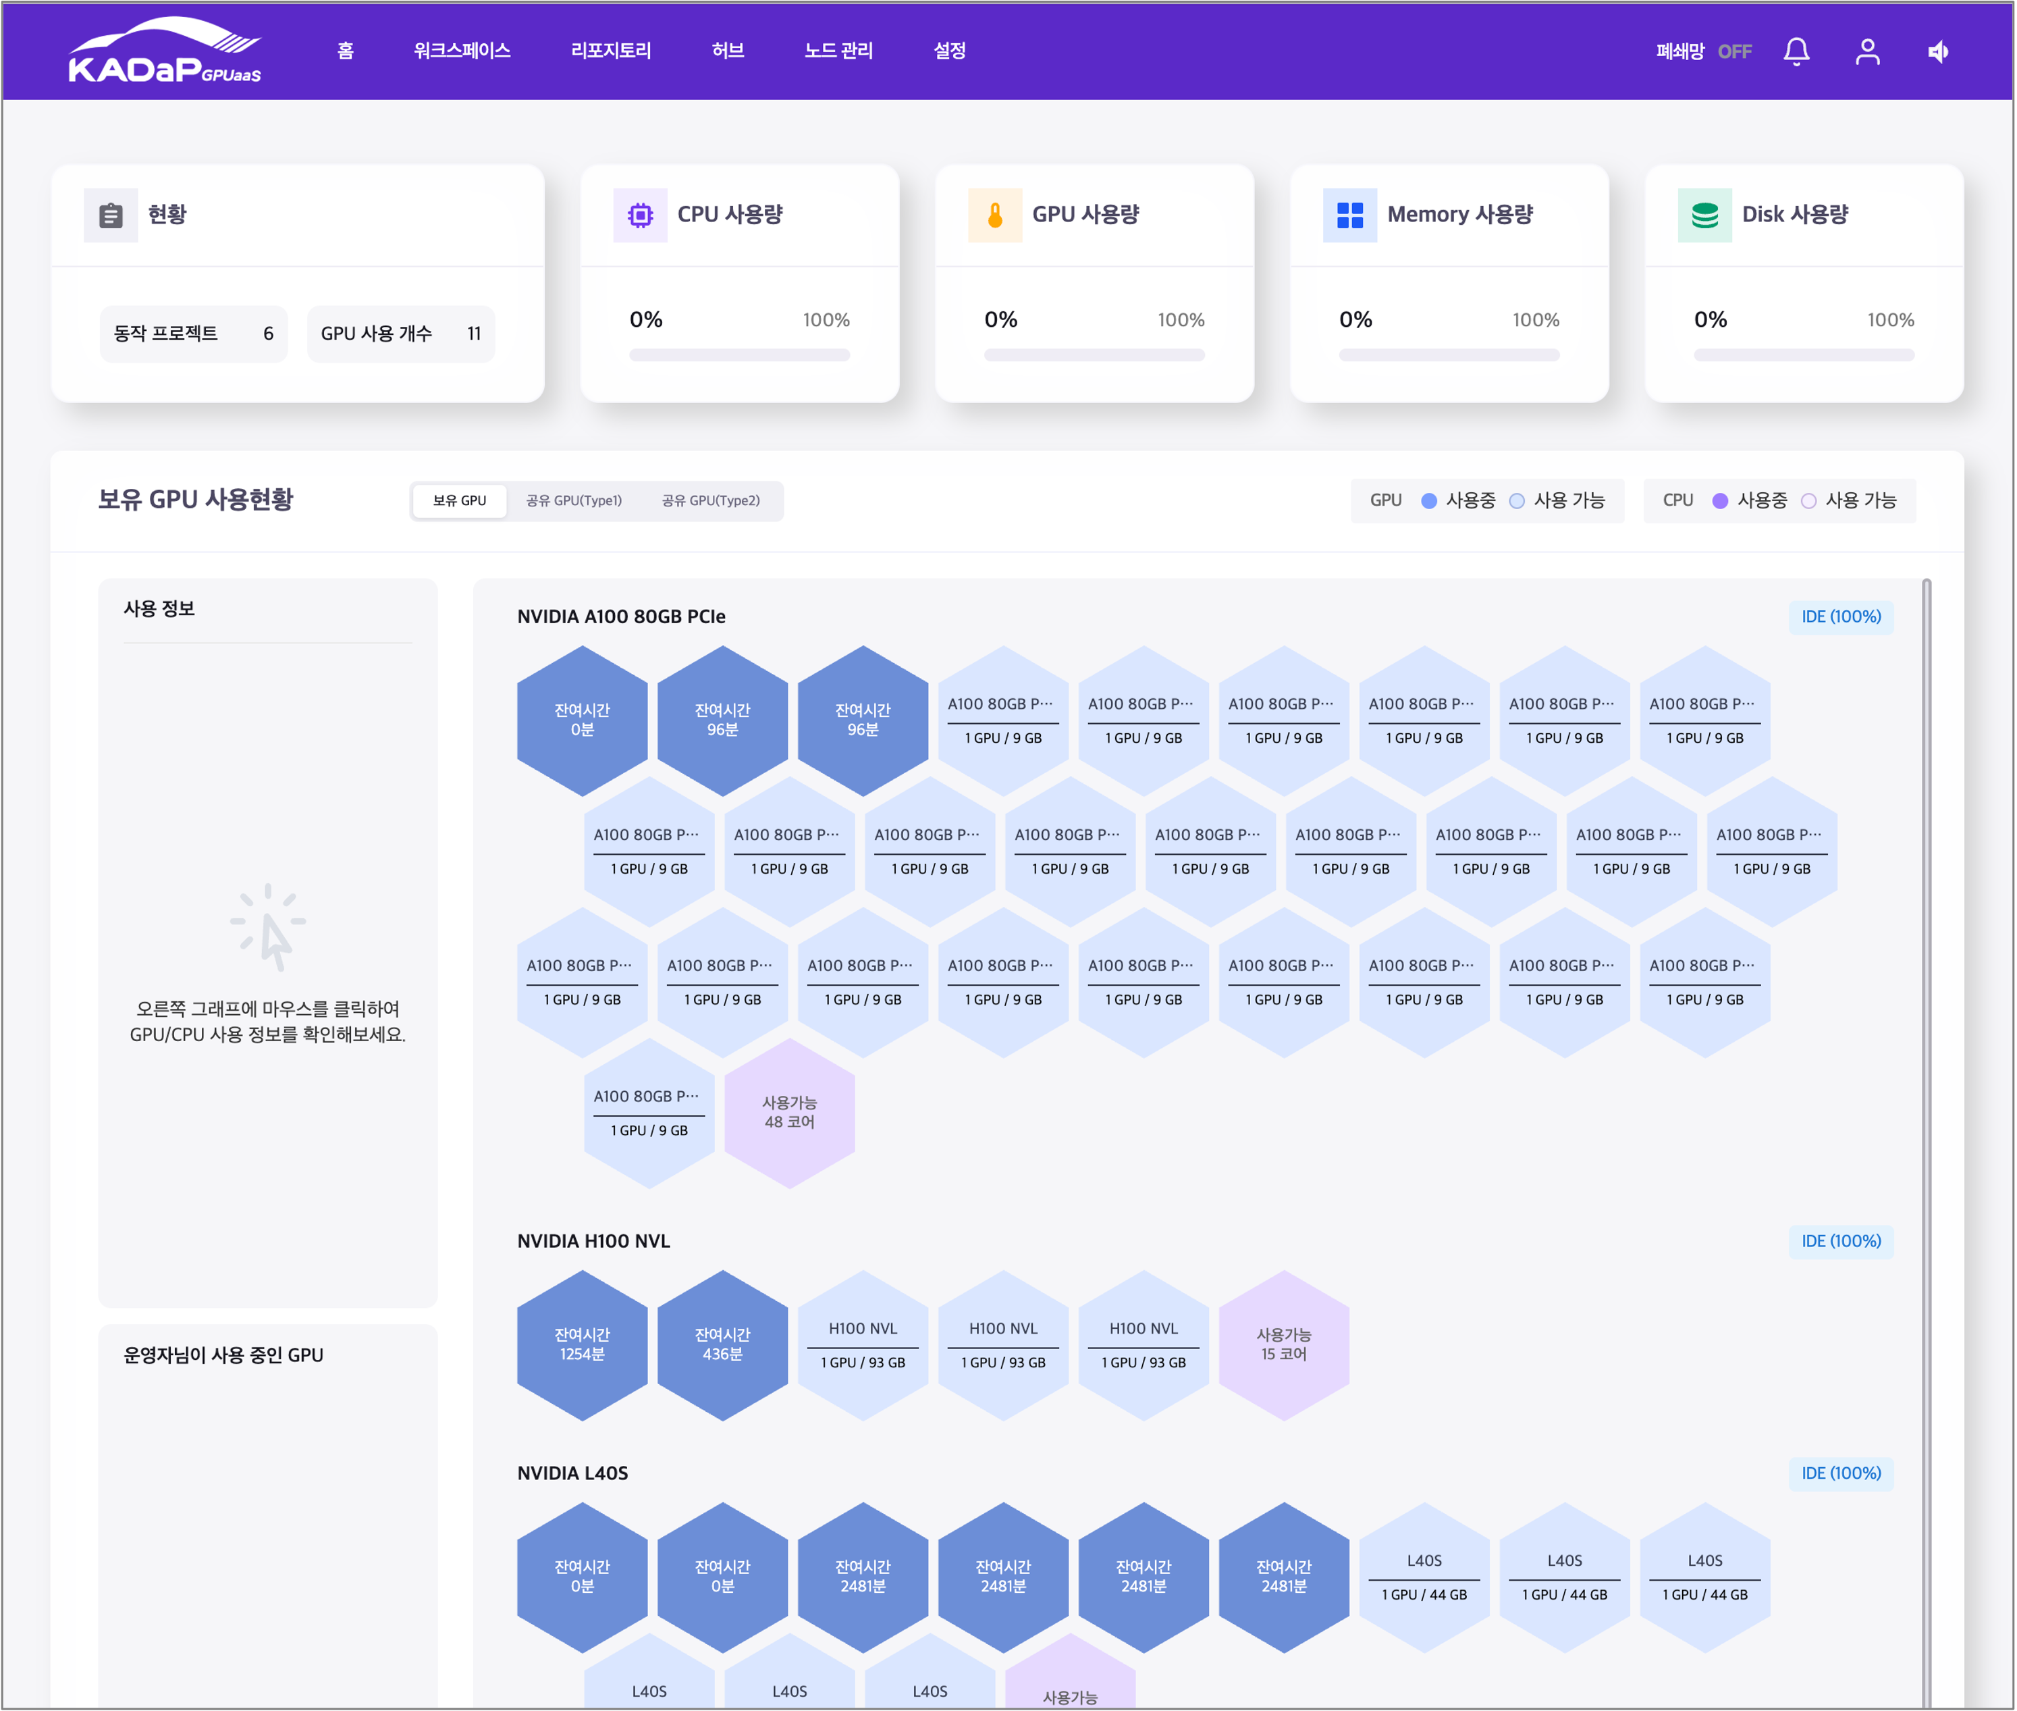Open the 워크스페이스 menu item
[x=462, y=51]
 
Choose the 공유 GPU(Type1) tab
[x=574, y=500]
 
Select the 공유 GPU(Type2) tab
[x=711, y=500]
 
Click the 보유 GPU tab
[x=460, y=500]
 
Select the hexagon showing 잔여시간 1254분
[x=582, y=1345]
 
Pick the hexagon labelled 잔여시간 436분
[x=722, y=1345]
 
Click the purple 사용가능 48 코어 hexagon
[x=789, y=1113]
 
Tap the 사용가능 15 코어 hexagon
[x=1284, y=1345]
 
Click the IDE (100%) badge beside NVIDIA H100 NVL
[x=1841, y=1242]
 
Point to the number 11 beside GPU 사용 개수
[x=474, y=334]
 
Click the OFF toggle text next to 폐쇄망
[x=1735, y=51]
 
